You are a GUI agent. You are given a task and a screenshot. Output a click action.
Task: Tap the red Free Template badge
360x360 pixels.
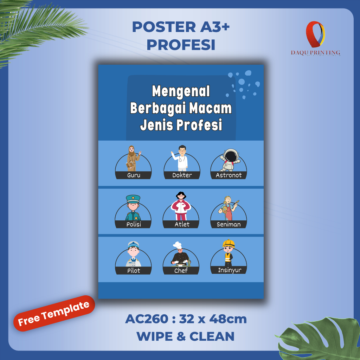(54, 314)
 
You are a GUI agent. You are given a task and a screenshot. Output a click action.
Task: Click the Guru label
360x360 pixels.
(134, 175)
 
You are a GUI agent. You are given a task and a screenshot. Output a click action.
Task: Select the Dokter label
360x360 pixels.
(182, 175)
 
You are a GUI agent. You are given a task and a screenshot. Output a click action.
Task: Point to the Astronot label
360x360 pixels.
(229, 175)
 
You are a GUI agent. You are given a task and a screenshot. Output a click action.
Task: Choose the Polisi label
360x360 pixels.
(133, 224)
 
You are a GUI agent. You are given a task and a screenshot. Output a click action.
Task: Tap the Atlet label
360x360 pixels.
(182, 224)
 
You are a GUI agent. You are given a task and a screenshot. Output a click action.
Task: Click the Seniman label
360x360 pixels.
(229, 224)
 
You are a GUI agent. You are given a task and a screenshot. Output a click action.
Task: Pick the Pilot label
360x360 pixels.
(133, 270)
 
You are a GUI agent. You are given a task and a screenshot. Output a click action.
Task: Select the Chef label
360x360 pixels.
(181, 270)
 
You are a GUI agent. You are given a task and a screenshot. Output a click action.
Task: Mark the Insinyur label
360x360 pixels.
(229, 270)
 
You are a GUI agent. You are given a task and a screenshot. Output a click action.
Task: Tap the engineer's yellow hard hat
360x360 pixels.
(229, 243)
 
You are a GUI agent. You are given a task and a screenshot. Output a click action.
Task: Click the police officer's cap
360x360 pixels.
(133, 199)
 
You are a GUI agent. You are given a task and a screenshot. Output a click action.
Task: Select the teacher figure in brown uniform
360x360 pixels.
(133, 158)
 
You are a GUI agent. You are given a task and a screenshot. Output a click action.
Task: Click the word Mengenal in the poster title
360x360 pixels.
(181, 91)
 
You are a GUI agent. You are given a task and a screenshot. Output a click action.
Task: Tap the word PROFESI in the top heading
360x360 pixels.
(181, 45)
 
